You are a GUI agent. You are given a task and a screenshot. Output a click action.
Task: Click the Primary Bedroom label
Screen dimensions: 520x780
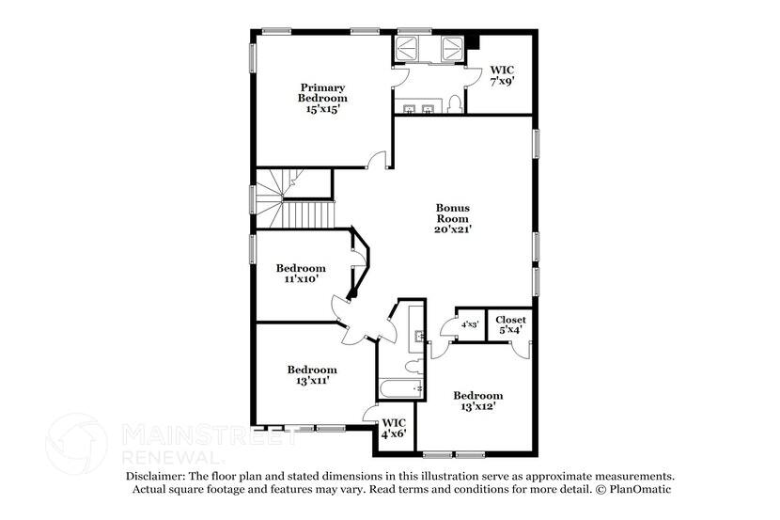tap(322, 92)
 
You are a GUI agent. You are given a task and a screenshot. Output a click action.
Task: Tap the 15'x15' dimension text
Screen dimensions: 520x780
tap(322, 109)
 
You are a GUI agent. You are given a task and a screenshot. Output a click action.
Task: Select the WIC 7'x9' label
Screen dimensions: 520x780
tap(502, 76)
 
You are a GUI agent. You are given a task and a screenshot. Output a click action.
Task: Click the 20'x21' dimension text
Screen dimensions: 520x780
tap(452, 228)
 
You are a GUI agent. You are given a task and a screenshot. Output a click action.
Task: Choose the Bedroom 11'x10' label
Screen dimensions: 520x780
tap(301, 273)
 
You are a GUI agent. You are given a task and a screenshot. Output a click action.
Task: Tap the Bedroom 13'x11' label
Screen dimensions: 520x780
tap(311, 374)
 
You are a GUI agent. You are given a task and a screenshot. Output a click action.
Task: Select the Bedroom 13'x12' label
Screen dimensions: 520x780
tap(477, 401)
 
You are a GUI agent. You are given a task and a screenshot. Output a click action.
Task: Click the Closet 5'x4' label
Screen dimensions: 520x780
tap(511, 324)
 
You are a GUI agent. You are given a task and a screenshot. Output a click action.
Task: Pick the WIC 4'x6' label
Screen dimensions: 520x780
tap(392, 428)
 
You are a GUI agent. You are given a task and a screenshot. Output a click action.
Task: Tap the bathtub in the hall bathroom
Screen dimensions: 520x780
tap(396, 388)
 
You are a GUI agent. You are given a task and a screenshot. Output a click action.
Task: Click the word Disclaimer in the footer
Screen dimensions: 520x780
tap(156, 477)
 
